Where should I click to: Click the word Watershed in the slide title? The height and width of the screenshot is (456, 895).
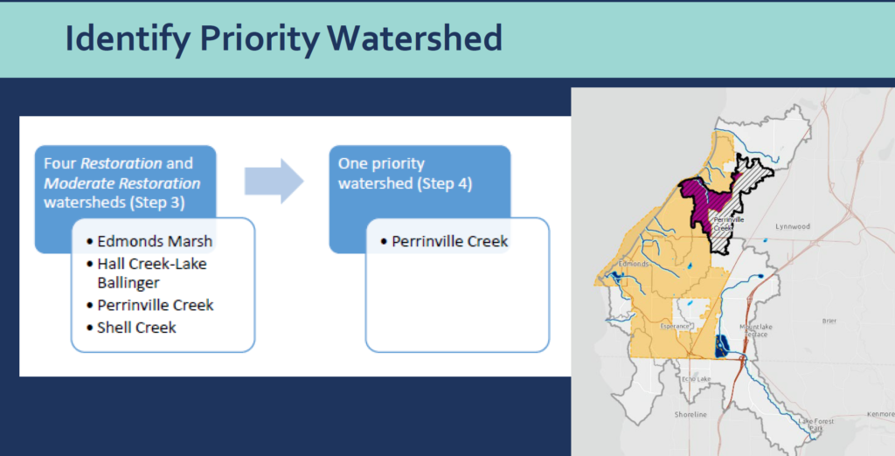coord(415,38)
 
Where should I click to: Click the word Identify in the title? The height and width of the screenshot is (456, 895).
coord(128,39)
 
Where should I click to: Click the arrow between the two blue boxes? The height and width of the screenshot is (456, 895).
coord(274,182)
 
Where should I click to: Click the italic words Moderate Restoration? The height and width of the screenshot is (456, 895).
coord(122,183)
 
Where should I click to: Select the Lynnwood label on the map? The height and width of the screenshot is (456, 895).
coord(792,226)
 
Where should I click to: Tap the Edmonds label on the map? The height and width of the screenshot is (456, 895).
coord(634,264)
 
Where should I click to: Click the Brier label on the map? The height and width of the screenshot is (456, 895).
coord(829,321)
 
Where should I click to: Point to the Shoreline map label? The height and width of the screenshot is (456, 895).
coord(690,414)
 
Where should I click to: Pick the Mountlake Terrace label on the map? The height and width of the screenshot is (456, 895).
coord(756,330)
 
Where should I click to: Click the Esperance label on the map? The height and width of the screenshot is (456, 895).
coord(675,327)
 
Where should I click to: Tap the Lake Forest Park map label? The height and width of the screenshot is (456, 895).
coord(816,425)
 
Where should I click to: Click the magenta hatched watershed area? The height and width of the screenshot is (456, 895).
coord(706,201)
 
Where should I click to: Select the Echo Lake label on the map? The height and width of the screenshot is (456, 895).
coord(696,379)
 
